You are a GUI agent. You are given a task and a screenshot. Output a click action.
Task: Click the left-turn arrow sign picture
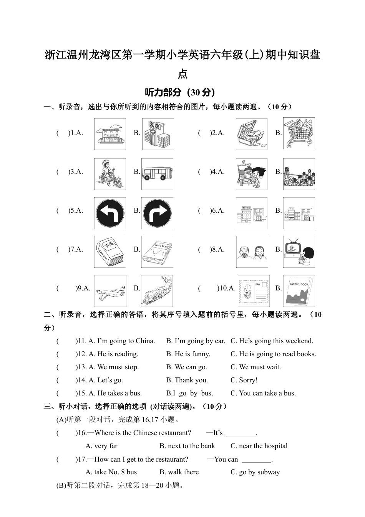pos(110,213)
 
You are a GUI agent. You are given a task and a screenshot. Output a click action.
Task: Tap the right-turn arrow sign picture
pos(157,213)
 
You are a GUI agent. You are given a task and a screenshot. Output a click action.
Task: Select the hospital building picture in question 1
pos(158,134)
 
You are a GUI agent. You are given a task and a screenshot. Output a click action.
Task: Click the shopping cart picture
pos(299,133)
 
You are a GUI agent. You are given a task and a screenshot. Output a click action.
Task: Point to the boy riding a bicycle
pos(110,174)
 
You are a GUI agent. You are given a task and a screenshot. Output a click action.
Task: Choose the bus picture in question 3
pos(157,174)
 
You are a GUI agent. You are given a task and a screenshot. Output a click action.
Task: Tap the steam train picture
pos(157,291)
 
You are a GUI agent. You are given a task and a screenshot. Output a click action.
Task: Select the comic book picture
pos(299,291)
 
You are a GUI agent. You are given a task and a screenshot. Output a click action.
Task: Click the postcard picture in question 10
pos(254,291)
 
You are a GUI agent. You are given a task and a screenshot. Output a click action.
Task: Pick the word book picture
pos(157,252)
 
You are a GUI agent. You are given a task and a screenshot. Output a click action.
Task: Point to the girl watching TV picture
pos(299,252)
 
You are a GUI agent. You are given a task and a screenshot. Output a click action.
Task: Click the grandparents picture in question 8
pos(252,252)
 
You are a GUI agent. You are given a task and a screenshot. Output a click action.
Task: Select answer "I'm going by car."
pos(196,341)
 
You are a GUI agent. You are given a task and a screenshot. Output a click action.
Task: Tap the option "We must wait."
pos(255,367)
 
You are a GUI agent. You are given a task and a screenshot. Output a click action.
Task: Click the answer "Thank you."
pos(187,380)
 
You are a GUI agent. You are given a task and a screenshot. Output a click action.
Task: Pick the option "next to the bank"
pos(187,446)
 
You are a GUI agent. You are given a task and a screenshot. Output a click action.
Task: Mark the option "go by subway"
pos(255,472)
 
